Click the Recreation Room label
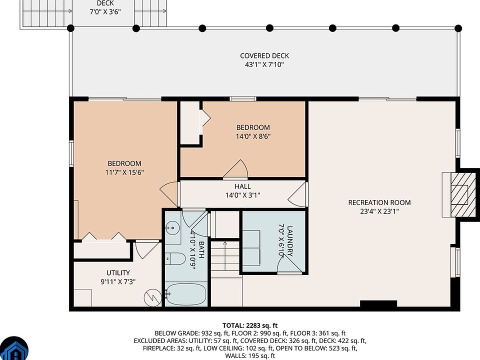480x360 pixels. point(379,202)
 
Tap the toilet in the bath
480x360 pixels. point(175,259)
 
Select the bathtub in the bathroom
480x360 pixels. point(186,294)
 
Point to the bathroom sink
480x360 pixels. point(172,228)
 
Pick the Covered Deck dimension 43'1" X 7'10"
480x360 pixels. point(264,64)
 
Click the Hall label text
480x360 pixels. point(243,186)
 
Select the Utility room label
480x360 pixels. point(118,273)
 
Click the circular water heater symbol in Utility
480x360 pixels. point(153,297)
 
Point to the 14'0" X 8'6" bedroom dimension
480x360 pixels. point(253,136)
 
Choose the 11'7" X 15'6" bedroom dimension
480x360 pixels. point(124,172)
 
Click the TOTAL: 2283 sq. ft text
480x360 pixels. point(250,325)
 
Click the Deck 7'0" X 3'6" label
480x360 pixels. point(105,7)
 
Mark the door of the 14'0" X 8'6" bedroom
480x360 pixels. point(235,168)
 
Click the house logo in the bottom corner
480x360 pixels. point(14,349)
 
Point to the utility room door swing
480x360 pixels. point(147,250)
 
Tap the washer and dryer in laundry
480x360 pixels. point(251,248)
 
